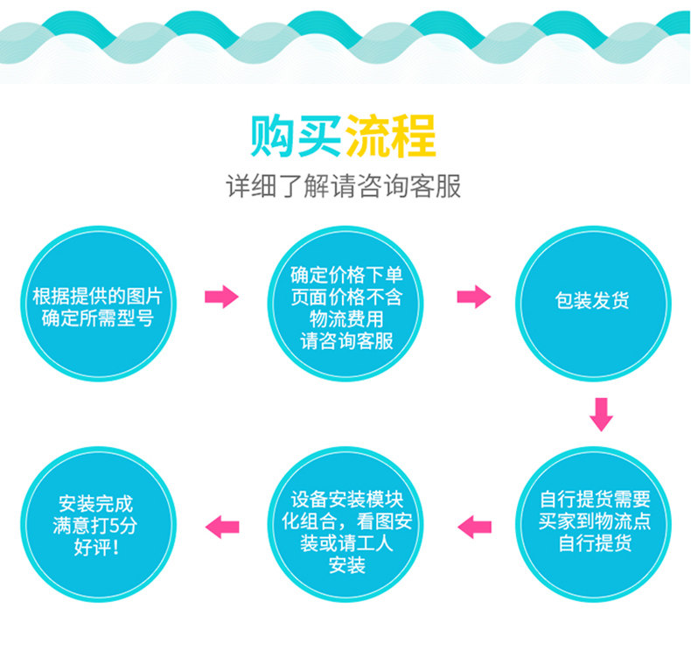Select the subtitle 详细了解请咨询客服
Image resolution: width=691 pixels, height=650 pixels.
pos(344,187)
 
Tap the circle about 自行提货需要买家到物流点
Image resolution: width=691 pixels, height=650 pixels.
pos(594,522)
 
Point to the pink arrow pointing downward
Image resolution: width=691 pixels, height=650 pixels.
pos(599,414)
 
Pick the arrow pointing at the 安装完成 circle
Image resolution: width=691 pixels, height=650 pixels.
pos(221,525)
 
